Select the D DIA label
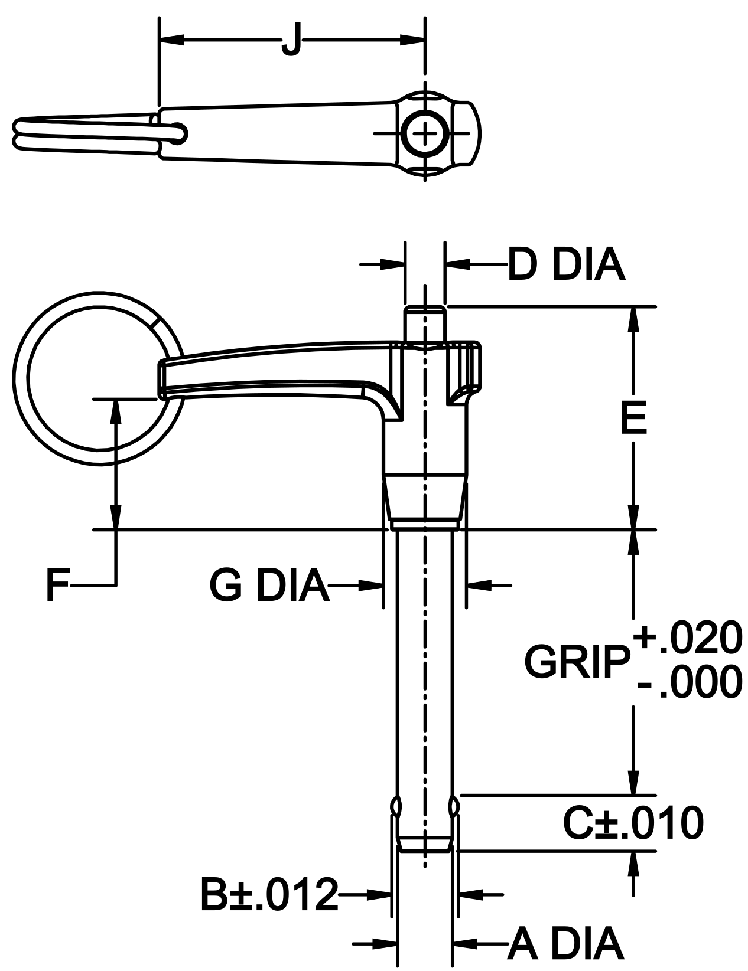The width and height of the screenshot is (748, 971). (x=566, y=266)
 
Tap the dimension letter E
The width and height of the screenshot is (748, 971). (x=633, y=417)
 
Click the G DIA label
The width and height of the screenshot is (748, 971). (x=269, y=586)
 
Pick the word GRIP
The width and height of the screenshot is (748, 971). (x=576, y=662)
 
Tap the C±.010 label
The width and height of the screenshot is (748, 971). (x=633, y=824)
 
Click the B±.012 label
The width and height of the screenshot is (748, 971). (x=269, y=895)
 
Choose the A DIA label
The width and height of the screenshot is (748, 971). (x=565, y=943)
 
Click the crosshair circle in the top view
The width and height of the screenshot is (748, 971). (x=424, y=135)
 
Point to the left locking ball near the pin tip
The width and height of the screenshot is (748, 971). (x=395, y=805)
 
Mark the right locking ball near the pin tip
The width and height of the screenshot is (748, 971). (x=454, y=805)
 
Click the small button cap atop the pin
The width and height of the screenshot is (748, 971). (x=424, y=322)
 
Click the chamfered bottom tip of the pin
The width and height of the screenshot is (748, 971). (x=424, y=845)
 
